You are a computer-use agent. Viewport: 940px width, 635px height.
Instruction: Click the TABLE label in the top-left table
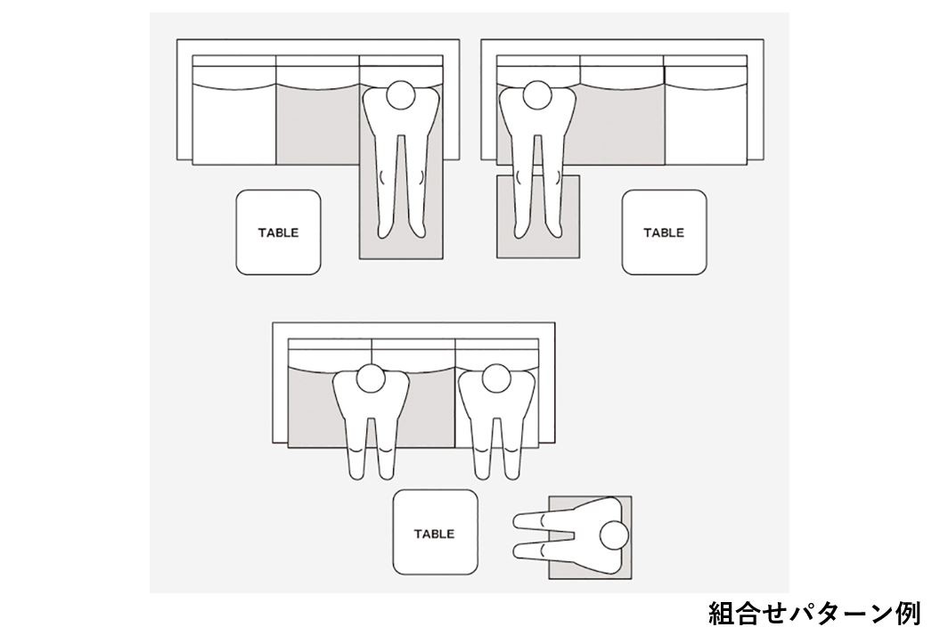278,232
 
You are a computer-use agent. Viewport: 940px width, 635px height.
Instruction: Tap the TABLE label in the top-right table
664,232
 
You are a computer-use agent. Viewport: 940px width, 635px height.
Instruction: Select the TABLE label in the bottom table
434,533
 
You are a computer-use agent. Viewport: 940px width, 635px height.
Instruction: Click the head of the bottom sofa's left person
371,379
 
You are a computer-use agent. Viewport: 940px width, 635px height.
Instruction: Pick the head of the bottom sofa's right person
496,379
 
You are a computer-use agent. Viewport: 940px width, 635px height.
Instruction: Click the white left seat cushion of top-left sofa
233,126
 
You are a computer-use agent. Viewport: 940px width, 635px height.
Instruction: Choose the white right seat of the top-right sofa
705,126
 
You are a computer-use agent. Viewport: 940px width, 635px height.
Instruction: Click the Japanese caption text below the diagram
814,614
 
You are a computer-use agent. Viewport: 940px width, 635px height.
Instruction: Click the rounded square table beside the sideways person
435,533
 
